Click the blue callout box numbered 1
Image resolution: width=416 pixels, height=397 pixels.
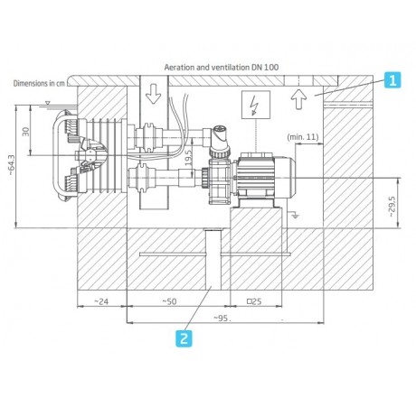tap(392, 80)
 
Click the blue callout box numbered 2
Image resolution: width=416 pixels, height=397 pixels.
tap(184, 338)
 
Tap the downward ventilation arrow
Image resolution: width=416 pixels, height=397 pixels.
tap(154, 94)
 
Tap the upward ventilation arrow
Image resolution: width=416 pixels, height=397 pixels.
tap(299, 98)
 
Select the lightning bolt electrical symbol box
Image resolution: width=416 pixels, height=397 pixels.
tap(256, 105)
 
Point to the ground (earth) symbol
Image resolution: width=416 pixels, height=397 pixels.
tap(295, 215)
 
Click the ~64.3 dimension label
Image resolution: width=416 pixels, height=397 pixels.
tap(11, 165)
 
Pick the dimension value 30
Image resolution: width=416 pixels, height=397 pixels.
tap(26, 132)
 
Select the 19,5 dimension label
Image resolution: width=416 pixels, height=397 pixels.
tap(188, 158)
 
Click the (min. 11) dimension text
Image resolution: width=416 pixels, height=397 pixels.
tap(303, 137)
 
